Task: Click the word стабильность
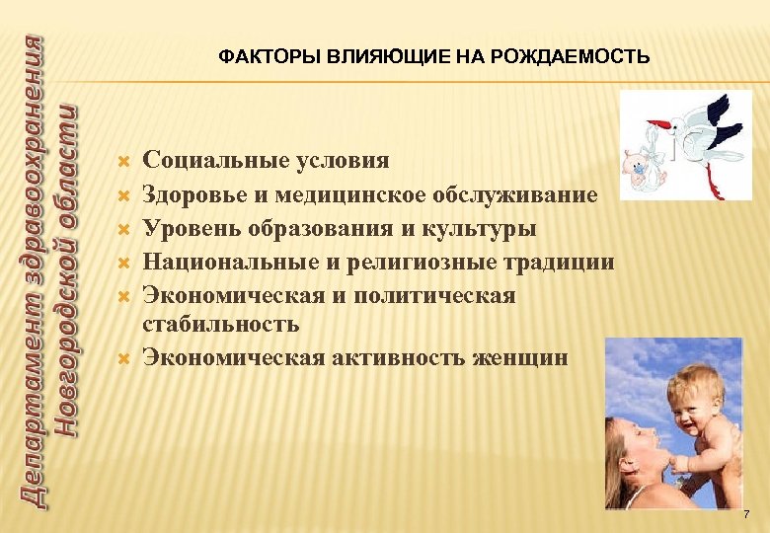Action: tap(221, 324)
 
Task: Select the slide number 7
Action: tap(746, 515)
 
